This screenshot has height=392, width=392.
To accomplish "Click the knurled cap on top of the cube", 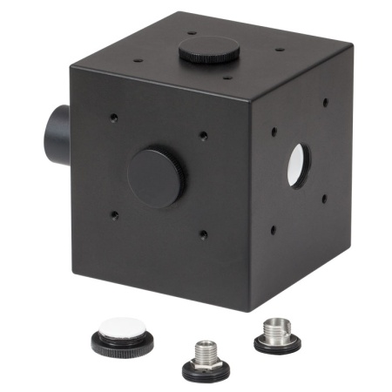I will click(211, 50).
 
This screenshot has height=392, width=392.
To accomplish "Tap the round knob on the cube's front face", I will click(154, 178).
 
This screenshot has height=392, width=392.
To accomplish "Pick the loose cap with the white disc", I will click(123, 337).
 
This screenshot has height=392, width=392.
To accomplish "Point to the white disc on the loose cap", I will click(123, 328).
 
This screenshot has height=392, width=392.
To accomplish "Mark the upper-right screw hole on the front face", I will click(203, 136).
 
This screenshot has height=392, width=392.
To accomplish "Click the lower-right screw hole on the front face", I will click(203, 233).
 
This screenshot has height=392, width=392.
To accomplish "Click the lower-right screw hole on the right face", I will click(324, 198).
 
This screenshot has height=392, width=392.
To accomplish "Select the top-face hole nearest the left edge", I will click(138, 61).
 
